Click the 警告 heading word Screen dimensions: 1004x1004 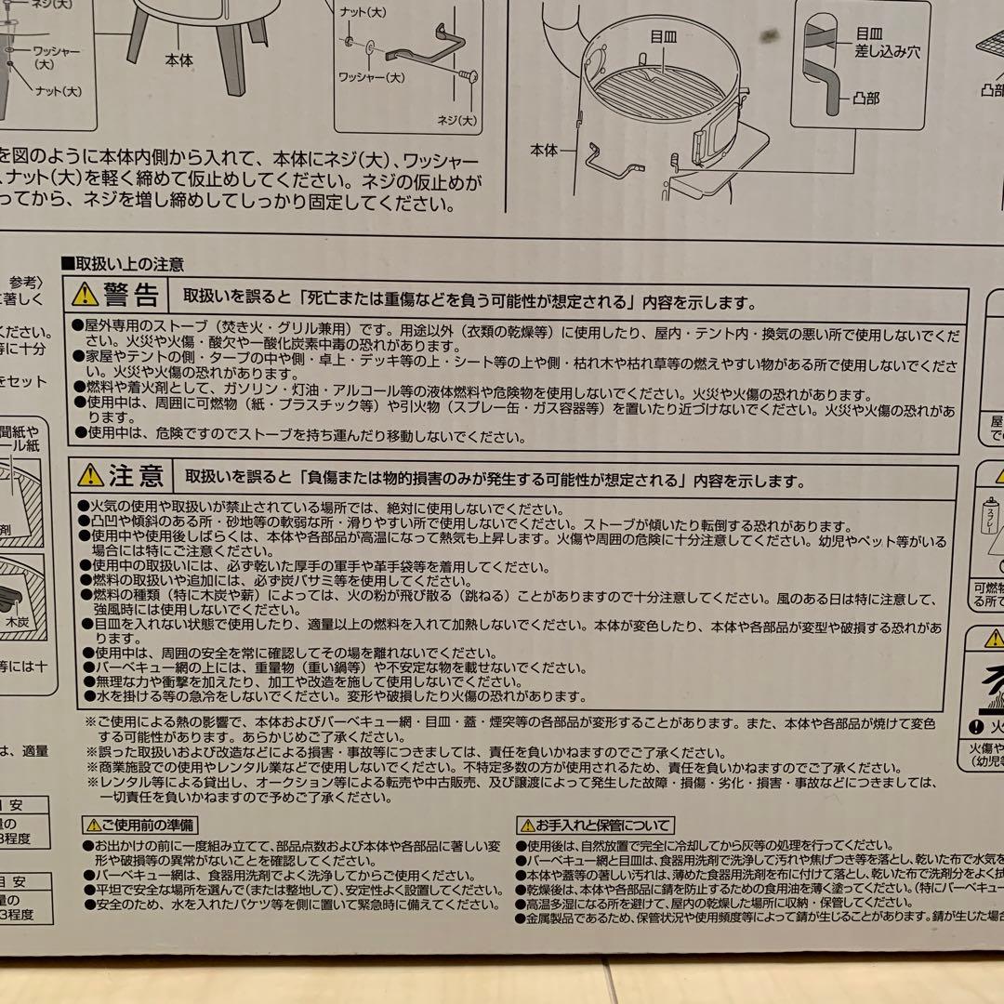131,296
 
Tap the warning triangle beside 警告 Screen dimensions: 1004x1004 86,295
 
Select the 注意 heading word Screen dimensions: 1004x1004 136,477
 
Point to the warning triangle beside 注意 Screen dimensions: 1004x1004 90,476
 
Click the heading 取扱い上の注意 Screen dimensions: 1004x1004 126,265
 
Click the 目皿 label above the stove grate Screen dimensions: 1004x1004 663,37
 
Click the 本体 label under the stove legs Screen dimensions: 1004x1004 178,59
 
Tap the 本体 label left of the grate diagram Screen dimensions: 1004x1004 545,149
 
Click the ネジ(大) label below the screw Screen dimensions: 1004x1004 456,120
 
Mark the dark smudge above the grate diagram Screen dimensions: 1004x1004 768,38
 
